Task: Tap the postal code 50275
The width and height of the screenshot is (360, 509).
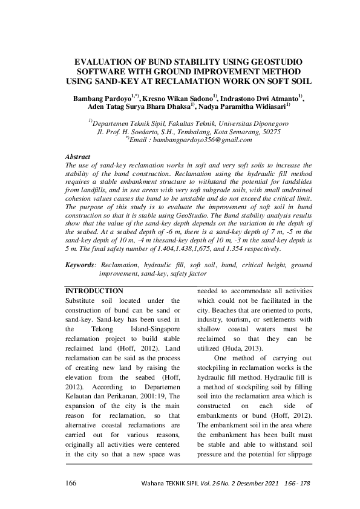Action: click(269, 131)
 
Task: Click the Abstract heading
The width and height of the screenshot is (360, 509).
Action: click(77, 157)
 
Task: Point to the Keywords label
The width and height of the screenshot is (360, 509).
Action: click(80, 265)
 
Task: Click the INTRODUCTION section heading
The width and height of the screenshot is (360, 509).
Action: click(94, 291)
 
